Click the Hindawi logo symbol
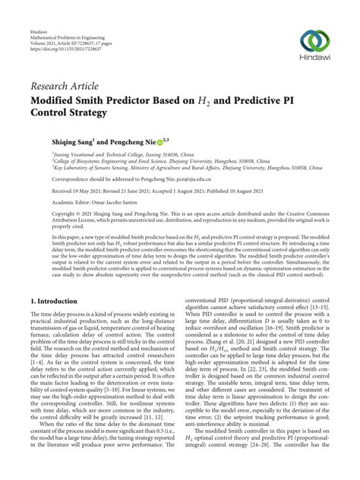point(315,43)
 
